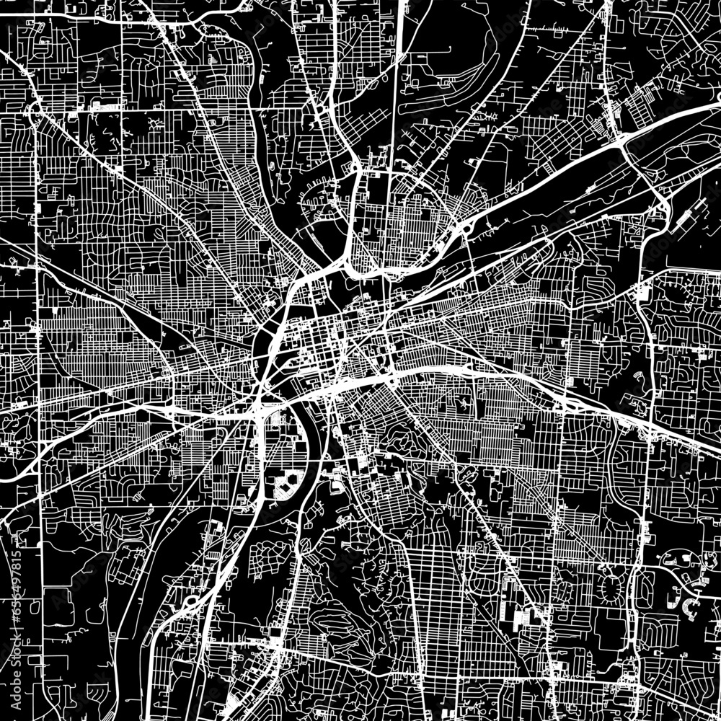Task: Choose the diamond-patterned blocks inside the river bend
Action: (284, 487)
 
